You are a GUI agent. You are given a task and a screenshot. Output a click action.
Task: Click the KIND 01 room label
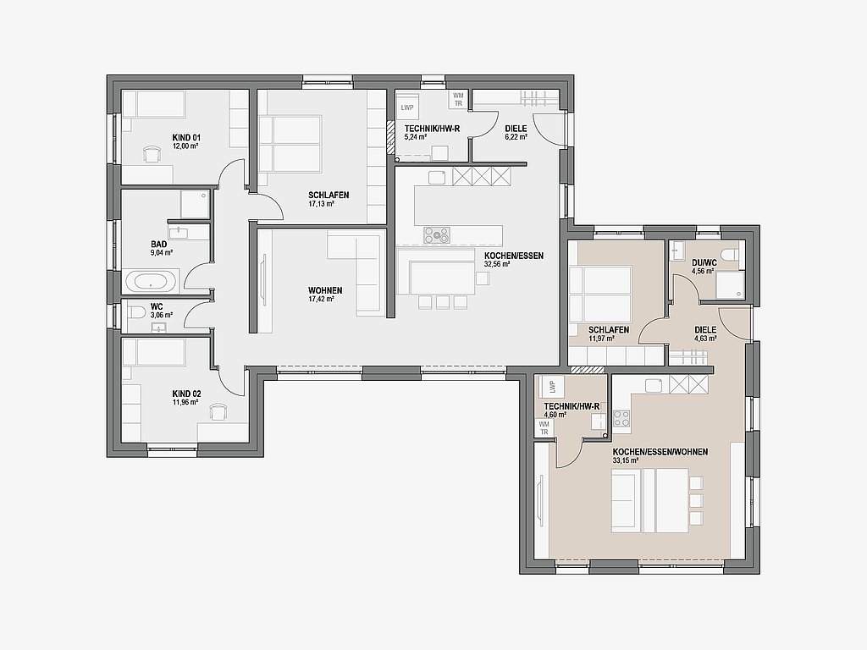coord(185,138)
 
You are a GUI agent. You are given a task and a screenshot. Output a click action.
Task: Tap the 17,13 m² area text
coord(321,204)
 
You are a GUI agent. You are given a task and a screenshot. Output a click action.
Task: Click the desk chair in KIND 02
coord(218,411)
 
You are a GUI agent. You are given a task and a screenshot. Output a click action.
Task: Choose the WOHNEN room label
coord(325,291)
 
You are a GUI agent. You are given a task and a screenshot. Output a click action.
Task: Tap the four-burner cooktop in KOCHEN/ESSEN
coord(438,235)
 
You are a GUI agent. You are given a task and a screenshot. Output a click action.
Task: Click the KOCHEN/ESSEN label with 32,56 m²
coord(514,256)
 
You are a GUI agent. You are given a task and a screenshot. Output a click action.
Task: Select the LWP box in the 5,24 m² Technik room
coord(407,107)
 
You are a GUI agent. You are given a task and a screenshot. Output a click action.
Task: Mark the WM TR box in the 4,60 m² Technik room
coord(544,427)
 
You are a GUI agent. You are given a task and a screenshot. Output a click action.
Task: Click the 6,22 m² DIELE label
coord(516,129)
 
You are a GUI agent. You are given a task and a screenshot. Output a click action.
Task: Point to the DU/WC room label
coord(704,263)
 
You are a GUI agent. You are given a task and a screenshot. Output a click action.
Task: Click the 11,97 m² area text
coord(602,339)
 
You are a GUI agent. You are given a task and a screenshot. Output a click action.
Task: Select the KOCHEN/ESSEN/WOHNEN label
coord(660,452)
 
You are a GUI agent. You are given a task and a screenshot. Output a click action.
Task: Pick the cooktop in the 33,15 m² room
coord(621,418)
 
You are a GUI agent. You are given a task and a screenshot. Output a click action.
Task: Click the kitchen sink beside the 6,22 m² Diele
coord(438,178)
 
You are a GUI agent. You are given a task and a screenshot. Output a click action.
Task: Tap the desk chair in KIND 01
coord(151,154)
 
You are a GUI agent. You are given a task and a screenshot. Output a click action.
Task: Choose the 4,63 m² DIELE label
coord(705,330)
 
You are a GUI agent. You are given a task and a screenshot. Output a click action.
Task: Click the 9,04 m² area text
coord(162,252)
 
